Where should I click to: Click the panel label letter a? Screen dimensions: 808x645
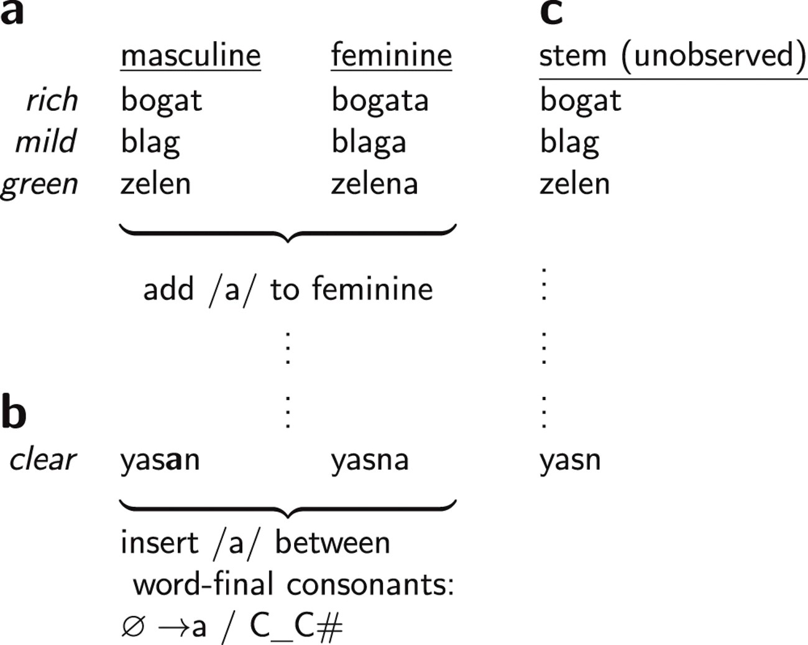pos(12,13)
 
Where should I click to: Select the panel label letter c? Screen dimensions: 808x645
pos(551,13)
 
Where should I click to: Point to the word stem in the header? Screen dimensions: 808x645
pos(573,57)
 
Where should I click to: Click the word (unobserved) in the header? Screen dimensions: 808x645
pos(714,56)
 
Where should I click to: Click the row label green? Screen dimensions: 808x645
pos(39,186)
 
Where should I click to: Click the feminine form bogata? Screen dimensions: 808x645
pos(380,101)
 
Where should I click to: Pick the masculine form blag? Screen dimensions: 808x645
pos(150,143)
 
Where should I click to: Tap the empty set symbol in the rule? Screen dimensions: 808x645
pos(133,626)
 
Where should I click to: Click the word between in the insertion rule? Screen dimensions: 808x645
pos(333,543)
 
